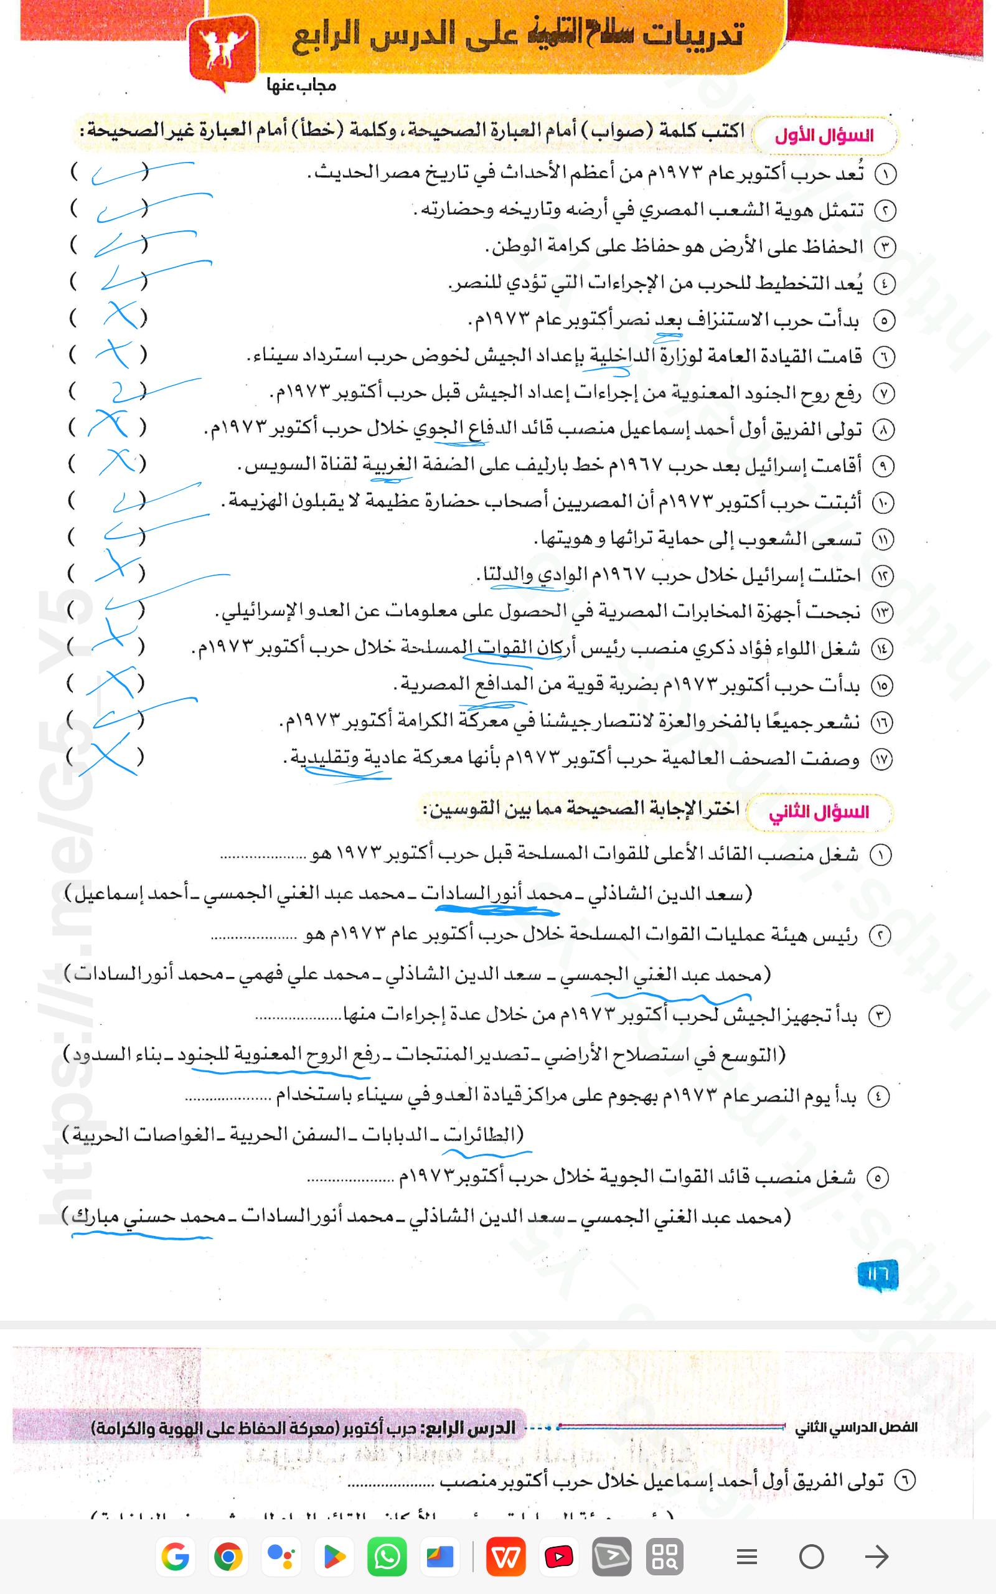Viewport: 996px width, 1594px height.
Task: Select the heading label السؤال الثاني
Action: [819, 812]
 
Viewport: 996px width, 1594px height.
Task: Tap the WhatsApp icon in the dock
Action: [387, 1557]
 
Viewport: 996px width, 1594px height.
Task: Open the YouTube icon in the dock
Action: [558, 1557]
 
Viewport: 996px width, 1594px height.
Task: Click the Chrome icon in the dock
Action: [228, 1557]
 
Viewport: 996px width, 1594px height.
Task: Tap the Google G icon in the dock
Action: [175, 1557]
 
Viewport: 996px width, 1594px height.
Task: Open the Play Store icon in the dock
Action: [335, 1557]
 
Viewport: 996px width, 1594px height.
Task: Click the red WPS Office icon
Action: [506, 1557]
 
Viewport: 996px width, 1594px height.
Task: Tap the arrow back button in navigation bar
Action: [876, 1557]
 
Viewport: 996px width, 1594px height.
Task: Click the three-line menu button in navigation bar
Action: [746, 1557]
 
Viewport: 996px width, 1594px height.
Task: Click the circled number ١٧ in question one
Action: [881, 760]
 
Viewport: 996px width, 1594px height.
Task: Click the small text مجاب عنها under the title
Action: [301, 86]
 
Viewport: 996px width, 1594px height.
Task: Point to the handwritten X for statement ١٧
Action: [111, 758]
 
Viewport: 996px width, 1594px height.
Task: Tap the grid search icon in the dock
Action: [665, 1557]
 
